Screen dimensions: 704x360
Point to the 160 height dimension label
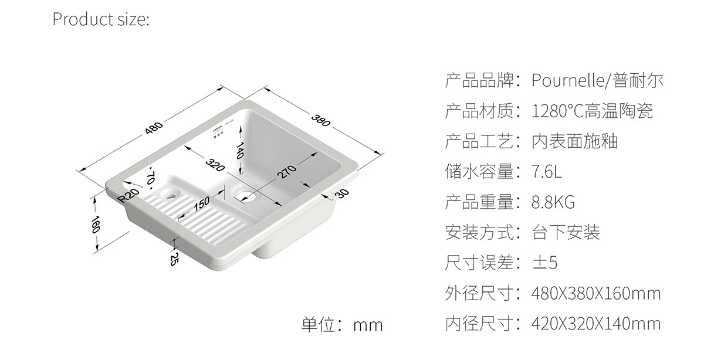[x=96, y=226]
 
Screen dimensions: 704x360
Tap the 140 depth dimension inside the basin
[x=239, y=153]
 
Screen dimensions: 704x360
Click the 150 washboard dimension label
[x=201, y=203]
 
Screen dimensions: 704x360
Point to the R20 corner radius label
[x=128, y=195]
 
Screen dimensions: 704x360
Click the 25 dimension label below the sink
[x=174, y=259]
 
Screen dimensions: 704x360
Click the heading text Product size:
[x=101, y=19]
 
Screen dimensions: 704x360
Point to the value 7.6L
[x=546, y=172]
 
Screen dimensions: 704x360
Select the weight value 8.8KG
[x=553, y=202]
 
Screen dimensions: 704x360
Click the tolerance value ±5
[x=544, y=263]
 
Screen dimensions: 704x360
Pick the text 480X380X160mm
[x=595, y=293]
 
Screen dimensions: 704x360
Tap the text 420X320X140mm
[x=595, y=323]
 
